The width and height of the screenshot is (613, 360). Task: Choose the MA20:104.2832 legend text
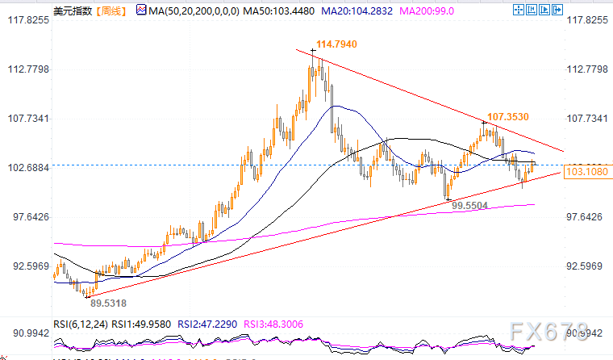(x=360, y=10)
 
